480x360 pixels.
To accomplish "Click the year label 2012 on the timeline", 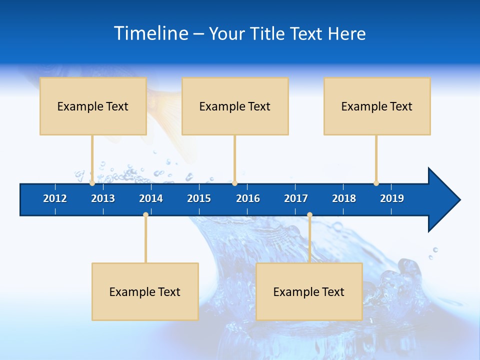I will tap(55, 198).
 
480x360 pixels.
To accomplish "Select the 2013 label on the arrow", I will tap(103, 198).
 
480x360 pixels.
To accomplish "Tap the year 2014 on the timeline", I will tap(151, 198).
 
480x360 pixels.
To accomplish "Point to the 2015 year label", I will tap(199, 198).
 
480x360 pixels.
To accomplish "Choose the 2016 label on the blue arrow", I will tap(248, 198).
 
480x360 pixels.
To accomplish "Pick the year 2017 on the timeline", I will tap(296, 198).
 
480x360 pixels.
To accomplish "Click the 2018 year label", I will tap(344, 198).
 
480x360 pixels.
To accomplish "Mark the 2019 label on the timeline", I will tap(392, 198).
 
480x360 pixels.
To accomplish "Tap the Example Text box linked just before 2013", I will tap(93, 106).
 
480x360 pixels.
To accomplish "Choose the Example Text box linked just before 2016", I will tap(235, 106).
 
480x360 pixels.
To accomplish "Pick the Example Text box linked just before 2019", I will tap(377, 106).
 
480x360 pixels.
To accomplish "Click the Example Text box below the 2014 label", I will tap(145, 291).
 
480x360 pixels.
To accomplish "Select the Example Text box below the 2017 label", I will tap(309, 291).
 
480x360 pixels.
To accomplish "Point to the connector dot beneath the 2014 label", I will tap(145, 215).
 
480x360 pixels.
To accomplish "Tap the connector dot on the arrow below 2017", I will tap(309, 215).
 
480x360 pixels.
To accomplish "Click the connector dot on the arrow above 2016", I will tap(234, 183).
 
